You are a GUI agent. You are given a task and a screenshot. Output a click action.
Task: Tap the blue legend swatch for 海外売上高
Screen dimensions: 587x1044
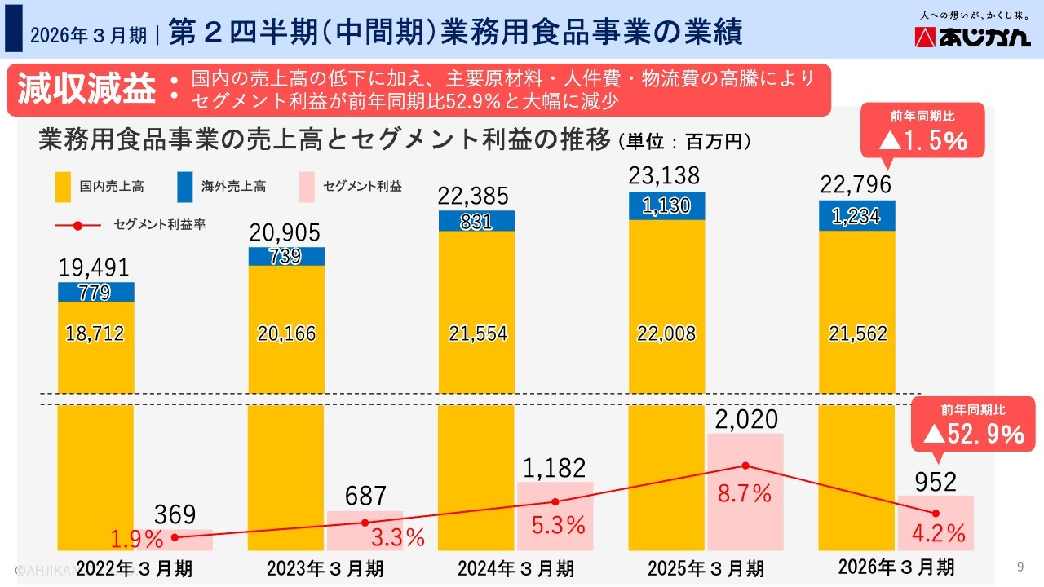pos(185,187)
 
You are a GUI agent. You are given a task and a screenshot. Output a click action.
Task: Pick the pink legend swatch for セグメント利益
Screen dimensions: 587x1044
pos(307,187)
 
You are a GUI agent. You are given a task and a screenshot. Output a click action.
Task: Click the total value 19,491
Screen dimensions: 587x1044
pos(95,268)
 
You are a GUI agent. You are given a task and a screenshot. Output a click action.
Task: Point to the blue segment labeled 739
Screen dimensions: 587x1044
pos(286,256)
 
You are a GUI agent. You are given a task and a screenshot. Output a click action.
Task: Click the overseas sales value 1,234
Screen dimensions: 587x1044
pos(856,216)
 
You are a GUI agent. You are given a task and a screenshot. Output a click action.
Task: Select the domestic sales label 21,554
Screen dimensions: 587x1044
pos(477,333)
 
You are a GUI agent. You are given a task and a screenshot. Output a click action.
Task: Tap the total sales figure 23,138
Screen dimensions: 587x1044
pos(666,176)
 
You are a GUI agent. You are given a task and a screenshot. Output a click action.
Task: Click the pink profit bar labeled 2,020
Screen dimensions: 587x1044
pos(745,489)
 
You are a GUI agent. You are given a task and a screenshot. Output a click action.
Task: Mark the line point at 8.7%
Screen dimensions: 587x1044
pos(745,466)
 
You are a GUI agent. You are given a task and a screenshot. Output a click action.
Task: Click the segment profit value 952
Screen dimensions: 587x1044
pos(936,483)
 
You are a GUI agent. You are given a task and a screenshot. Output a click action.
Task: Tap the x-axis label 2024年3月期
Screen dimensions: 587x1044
pos(515,567)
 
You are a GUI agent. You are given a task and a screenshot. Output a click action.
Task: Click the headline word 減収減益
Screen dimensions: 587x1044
pos(86,90)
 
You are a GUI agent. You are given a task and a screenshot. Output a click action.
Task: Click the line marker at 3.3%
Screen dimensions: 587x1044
pos(365,523)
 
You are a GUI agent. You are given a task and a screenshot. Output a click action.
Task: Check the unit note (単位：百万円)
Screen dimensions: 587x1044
pos(684,141)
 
